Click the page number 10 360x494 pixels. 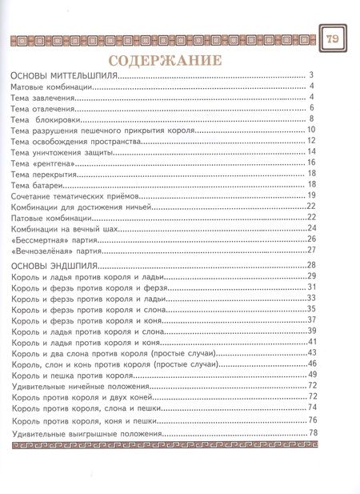coord(311,130)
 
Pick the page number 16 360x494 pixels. coord(311,163)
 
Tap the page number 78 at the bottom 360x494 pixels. coord(313,433)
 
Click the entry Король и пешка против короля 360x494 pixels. coord(73,376)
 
